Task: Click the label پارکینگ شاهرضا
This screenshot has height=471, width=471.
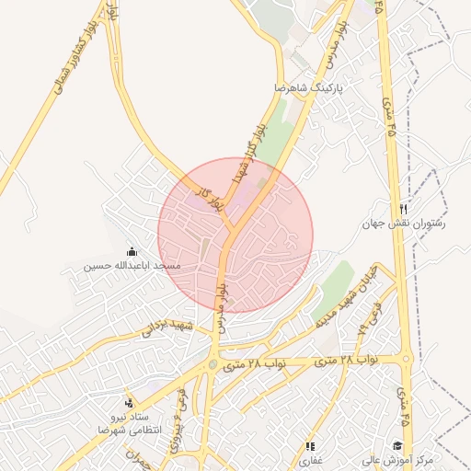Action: point(309,88)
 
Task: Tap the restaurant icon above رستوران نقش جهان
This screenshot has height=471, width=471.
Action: point(403,209)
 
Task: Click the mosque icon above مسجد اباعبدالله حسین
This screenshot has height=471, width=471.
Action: point(132,252)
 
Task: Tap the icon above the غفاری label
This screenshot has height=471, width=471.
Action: point(309,446)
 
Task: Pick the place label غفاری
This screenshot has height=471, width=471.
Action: point(309,460)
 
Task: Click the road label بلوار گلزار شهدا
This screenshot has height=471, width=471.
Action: point(251,152)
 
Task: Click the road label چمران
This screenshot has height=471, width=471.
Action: point(139,460)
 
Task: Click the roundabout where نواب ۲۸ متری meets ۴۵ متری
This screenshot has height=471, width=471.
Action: point(406,360)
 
